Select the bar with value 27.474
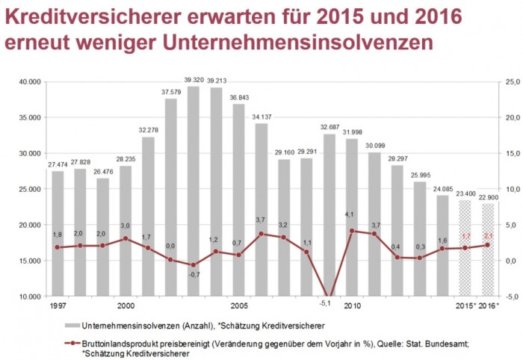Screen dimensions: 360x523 [x=58, y=232]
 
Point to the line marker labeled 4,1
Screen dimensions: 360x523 [x=352, y=231]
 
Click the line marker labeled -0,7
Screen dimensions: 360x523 [x=194, y=265]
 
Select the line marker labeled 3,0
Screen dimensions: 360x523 [x=126, y=238]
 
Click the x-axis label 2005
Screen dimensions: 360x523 [x=239, y=306]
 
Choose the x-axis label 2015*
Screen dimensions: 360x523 [x=465, y=306]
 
